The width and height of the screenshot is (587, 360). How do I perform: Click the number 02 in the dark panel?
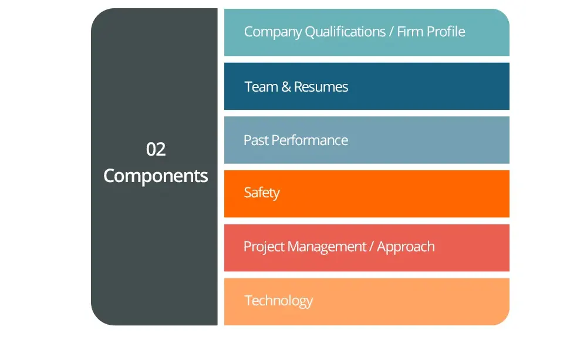coord(156,149)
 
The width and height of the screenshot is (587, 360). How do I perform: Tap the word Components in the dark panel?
coord(156,176)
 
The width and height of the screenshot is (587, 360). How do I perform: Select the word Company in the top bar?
coord(273,32)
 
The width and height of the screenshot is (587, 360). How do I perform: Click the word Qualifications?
coord(345,32)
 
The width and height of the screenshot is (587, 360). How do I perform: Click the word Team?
coord(261,86)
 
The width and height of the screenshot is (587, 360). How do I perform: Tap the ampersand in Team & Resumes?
coord(286,86)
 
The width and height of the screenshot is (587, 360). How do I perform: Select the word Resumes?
coord(321,86)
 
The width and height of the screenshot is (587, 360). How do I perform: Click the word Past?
coord(256,140)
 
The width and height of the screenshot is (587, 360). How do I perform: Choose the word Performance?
coord(309,140)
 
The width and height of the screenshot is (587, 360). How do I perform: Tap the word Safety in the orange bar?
coord(262,193)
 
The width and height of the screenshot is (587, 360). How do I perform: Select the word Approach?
coord(406,247)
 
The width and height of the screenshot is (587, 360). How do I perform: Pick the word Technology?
coord(278,301)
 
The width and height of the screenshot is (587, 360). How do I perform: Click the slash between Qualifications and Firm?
coord(392,32)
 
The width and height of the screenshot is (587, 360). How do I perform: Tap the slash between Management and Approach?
coord(372,247)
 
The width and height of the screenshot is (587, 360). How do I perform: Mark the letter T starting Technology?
coord(248,301)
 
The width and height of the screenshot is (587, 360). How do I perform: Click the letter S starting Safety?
coord(248,193)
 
